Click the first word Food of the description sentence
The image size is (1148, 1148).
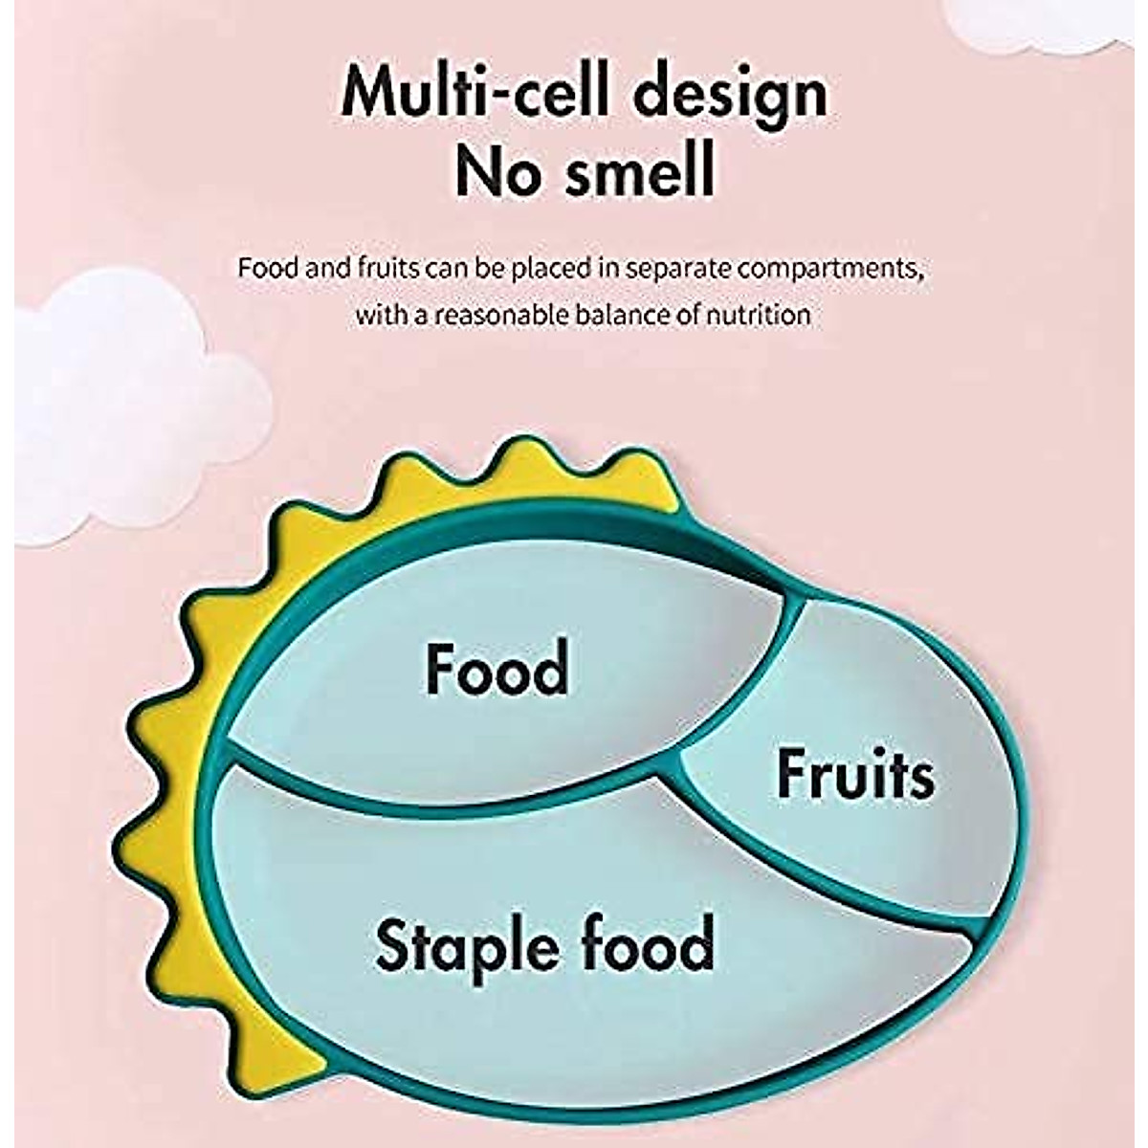261,267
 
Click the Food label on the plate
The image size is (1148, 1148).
497,669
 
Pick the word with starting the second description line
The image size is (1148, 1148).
379,314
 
